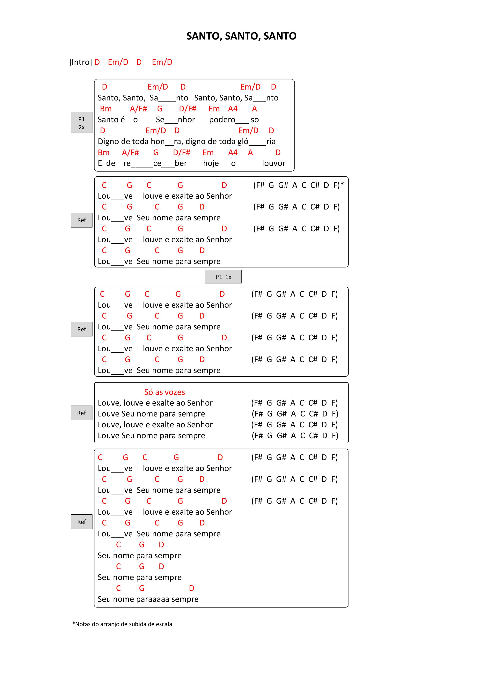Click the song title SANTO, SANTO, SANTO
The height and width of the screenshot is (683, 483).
tap(241, 36)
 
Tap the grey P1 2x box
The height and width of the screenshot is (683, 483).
tap(82, 122)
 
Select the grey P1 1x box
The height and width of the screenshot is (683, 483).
tap(223, 277)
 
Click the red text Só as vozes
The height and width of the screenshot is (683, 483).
tap(165, 392)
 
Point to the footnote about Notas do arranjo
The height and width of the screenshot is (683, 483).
tap(122, 624)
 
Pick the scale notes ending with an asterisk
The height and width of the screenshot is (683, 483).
tap(298, 185)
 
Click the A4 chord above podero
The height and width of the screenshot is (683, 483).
tap(233, 109)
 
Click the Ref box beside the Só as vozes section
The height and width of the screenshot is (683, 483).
tap(82, 413)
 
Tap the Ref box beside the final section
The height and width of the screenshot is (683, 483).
tap(82, 522)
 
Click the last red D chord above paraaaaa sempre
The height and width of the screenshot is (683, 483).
tap(192, 588)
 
